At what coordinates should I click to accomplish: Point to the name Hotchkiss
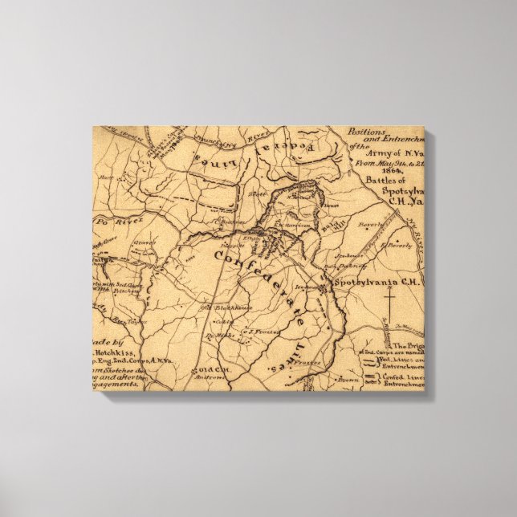[x=119, y=352]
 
